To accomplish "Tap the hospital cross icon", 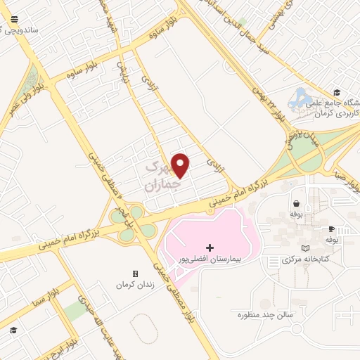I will tap(209, 247).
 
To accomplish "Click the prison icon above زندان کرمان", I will tap(135, 274).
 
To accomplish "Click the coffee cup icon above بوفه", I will tap(331, 230).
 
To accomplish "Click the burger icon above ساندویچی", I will tap(15, 20).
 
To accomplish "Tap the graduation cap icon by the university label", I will tap(337, 92).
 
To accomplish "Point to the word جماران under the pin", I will tap(159, 185).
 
